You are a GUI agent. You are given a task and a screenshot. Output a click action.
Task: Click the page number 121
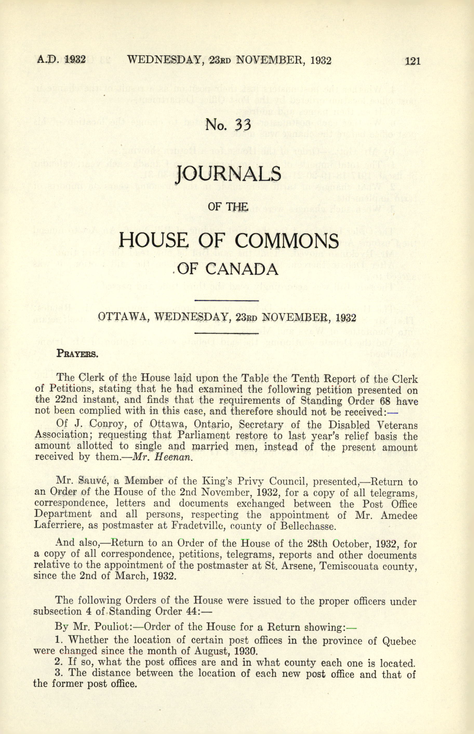[x=412, y=61]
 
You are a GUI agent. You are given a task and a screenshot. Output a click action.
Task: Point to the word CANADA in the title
[x=241, y=270]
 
